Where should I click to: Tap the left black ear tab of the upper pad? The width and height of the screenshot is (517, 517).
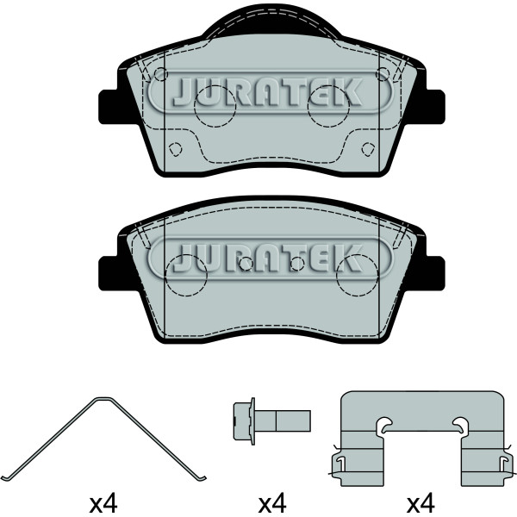[x=109, y=107]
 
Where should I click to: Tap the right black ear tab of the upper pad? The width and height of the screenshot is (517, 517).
[x=434, y=107]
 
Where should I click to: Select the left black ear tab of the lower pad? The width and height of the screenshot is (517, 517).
[x=109, y=273]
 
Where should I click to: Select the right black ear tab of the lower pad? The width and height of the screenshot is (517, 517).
[x=434, y=273]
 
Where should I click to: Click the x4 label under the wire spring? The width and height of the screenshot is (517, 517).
[x=103, y=503]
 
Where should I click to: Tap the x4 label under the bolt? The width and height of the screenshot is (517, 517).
[x=272, y=503]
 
